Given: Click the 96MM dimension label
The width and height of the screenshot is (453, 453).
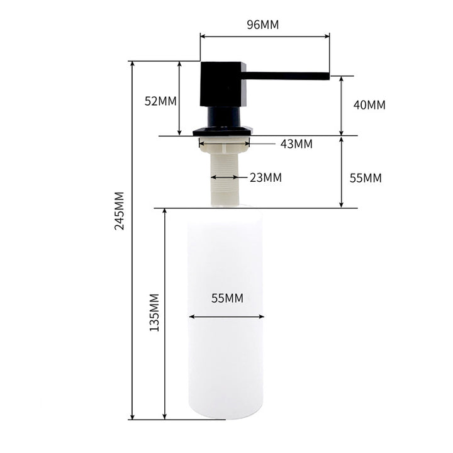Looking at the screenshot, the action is pos(263,25).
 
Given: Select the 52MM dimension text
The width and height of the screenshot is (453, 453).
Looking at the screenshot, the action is pos(160,101).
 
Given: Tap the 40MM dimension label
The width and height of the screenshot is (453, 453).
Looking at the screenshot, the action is pos(369,105).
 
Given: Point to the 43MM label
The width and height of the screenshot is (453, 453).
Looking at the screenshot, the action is pos(296,144).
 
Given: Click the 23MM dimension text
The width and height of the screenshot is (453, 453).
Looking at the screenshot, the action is pos(266,177).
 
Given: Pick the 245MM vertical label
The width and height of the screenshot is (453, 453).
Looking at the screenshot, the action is pos(120,211).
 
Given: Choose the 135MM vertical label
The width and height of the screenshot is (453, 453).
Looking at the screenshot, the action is pos(154,312).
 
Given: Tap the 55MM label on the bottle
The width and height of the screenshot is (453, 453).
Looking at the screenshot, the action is pos(227,298).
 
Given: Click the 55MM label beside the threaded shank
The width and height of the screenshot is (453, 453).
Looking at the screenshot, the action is pos(366,178).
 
